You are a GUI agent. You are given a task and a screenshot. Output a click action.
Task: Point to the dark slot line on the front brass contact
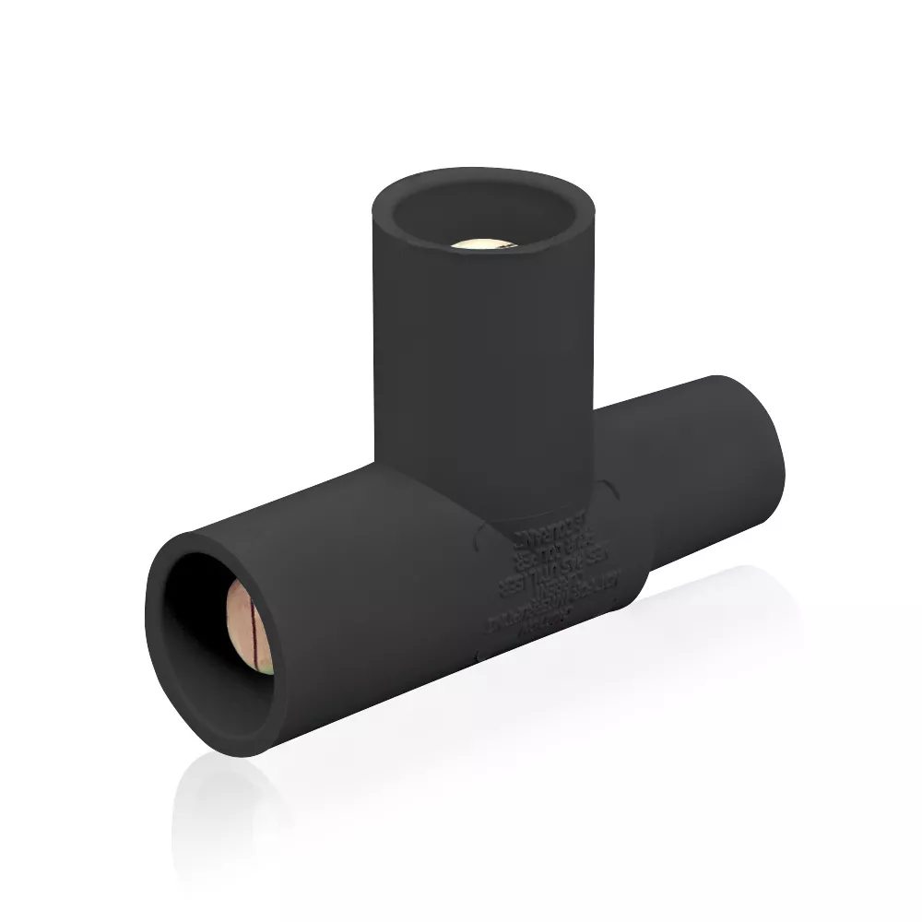click(x=247, y=627)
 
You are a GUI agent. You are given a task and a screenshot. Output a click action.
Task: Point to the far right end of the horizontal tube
click(x=770, y=443)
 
